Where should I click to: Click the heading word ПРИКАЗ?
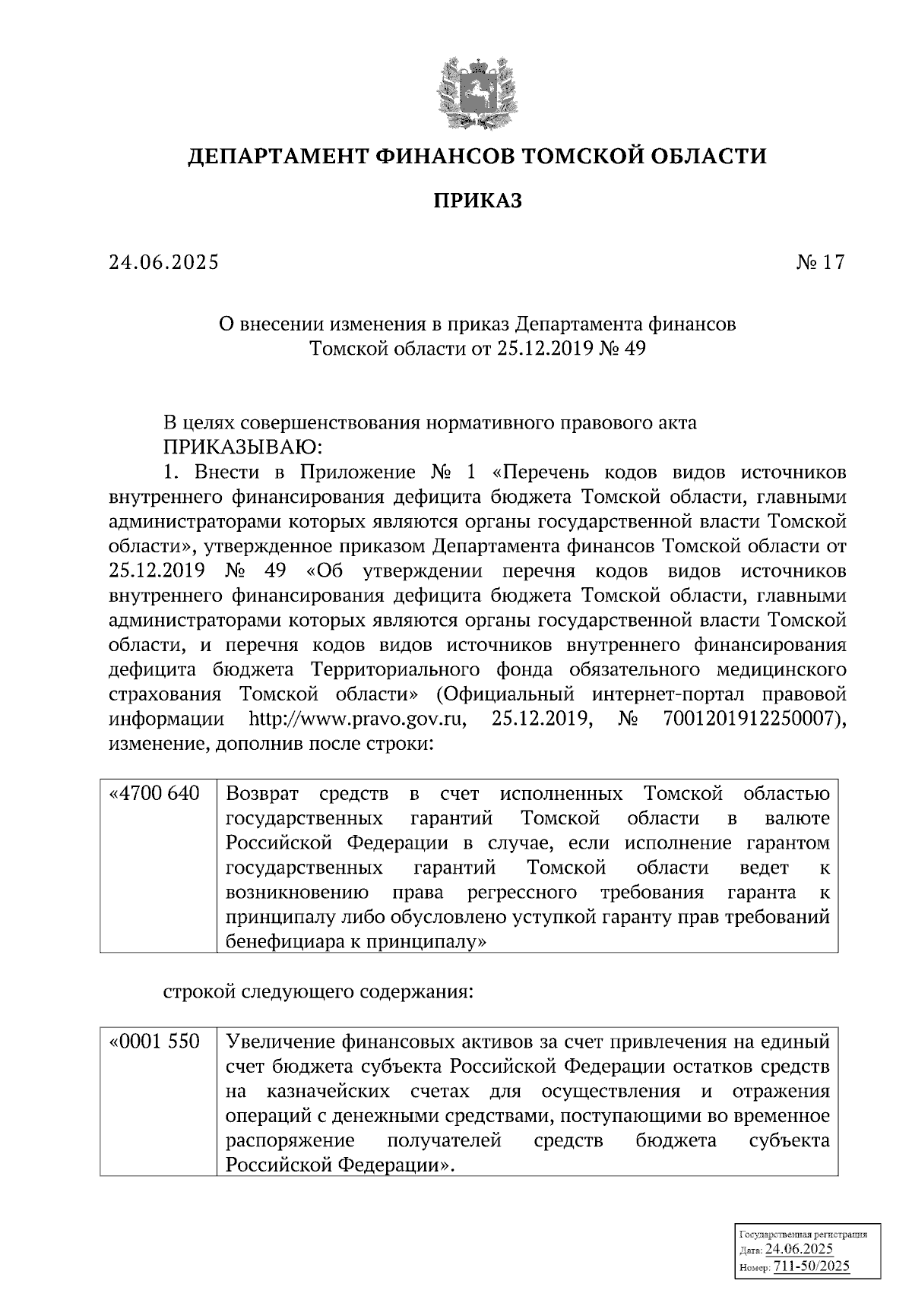point(478,201)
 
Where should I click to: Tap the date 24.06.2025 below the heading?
point(163,263)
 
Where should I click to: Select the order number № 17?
point(820,263)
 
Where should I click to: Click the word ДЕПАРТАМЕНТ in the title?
point(279,157)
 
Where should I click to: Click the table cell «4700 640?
point(157,795)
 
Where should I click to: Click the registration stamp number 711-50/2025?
point(811,1266)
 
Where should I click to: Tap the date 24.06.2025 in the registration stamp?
point(800,1250)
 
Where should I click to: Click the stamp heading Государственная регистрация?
point(803,1235)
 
